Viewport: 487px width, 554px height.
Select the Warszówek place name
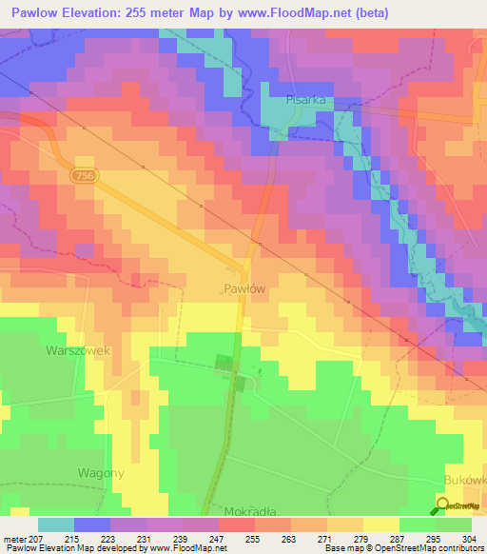pyautogui.click(x=80, y=350)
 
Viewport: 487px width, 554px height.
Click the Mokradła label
pyautogui.click(x=249, y=509)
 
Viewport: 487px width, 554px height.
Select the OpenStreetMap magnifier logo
pyautogui.click(x=444, y=505)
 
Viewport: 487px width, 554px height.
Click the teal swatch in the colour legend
pyautogui.click(x=56, y=524)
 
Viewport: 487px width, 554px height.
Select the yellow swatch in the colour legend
pyautogui.click(x=381, y=524)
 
